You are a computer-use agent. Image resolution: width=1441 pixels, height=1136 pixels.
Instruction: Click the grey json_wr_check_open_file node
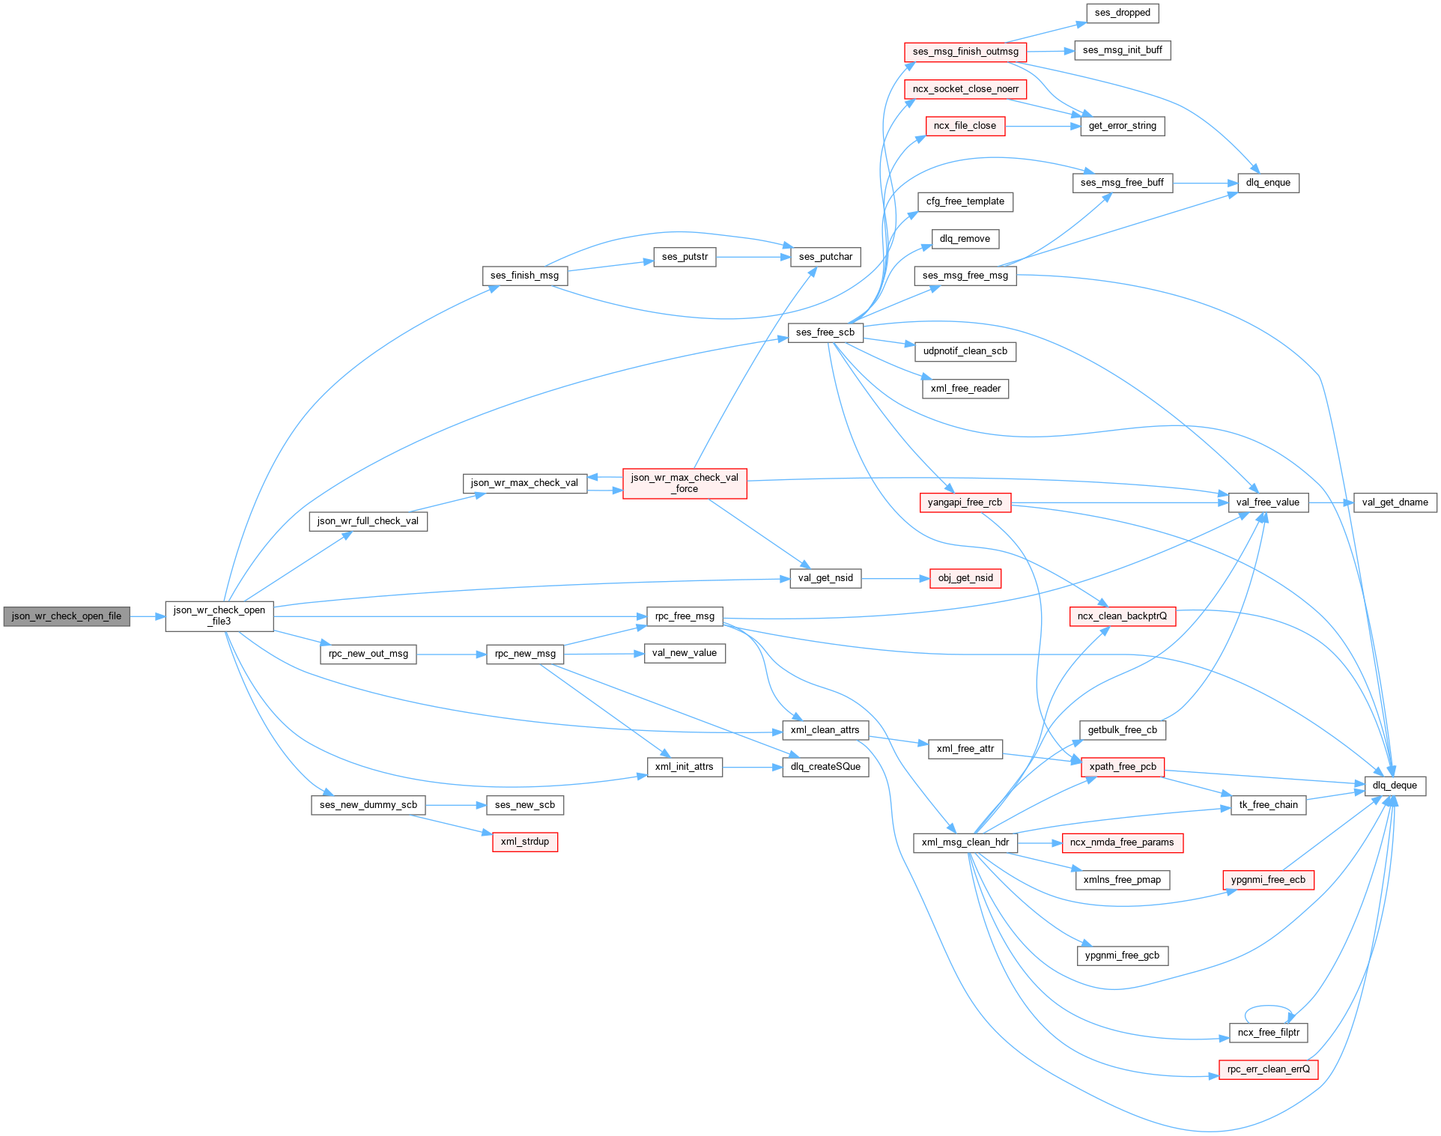67,616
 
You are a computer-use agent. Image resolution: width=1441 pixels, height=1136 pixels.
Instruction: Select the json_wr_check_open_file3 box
219,616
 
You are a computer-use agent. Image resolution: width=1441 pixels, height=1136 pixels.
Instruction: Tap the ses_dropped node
1122,13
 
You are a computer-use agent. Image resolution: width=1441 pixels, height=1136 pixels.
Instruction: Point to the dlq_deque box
1394,786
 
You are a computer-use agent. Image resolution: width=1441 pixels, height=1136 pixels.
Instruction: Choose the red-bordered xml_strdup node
524,842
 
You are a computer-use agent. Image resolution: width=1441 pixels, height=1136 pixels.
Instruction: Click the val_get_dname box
1395,502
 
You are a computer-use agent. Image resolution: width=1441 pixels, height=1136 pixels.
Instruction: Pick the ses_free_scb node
825,332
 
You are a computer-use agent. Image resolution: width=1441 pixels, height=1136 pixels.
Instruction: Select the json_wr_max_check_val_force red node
685,483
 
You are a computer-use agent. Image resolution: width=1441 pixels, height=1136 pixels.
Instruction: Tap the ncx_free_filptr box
1268,1033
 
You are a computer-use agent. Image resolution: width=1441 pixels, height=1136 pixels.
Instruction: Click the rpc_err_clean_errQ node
1268,1069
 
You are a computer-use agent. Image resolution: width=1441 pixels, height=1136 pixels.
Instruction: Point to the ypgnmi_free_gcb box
1122,956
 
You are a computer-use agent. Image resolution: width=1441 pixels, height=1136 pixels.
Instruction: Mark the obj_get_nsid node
965,578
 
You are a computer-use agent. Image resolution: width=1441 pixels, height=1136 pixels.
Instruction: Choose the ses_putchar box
825,257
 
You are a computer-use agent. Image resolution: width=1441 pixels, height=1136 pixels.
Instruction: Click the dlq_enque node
1268,183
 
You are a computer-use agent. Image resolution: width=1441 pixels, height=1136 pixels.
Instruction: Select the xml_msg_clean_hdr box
965,842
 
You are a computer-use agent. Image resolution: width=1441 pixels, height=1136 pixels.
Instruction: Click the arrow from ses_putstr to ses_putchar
753,257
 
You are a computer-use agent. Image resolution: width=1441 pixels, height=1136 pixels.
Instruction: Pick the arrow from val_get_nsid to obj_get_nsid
895,578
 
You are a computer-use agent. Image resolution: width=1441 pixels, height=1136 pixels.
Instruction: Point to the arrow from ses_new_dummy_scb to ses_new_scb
455,805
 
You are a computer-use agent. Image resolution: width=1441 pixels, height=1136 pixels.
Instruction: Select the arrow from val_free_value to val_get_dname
1331,502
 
